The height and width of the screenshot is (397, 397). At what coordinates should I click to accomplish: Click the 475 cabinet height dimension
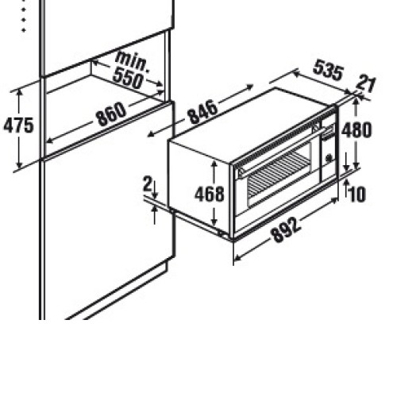18,125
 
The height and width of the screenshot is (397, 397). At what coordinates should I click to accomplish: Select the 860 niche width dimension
111,114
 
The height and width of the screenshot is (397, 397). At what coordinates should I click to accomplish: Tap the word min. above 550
133,62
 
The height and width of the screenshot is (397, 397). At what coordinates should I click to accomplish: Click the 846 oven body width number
203,112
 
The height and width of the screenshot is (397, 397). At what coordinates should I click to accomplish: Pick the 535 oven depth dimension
328,70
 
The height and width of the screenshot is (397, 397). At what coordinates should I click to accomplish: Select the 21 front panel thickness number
366,84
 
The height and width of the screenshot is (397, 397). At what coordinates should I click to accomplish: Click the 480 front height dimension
357,130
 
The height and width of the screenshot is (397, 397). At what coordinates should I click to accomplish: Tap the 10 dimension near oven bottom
357,195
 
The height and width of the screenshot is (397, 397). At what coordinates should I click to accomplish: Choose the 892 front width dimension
287,229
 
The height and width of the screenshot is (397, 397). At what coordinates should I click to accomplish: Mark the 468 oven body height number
210,194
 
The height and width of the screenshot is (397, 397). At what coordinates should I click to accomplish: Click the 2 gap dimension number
147,183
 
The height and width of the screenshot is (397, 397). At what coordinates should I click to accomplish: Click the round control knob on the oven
329,158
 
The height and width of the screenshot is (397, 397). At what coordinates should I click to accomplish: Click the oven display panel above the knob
328,133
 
